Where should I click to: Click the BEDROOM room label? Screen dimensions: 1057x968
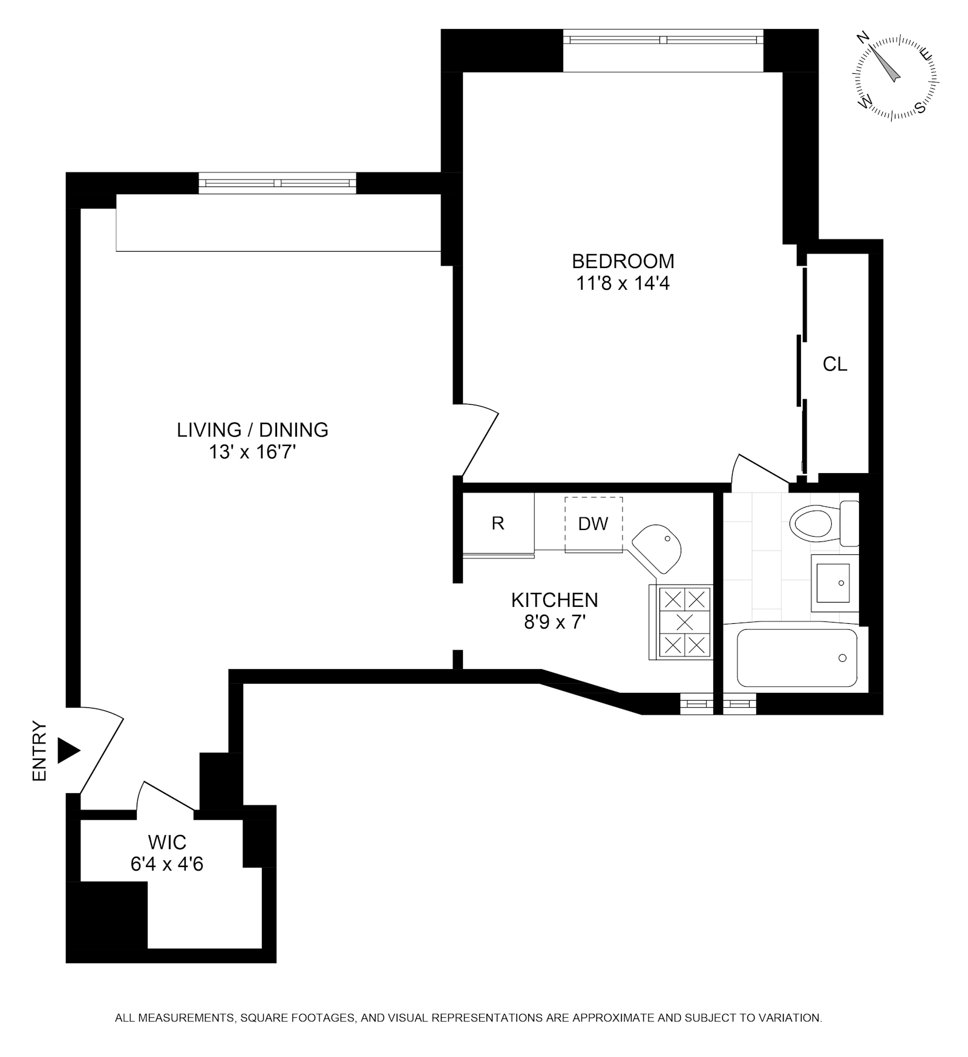(x=623, y=261)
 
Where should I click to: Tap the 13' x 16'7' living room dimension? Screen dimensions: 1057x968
(x=252, y=451)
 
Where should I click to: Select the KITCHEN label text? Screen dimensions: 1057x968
(x=554, y=600)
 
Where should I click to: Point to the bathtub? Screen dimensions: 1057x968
(x=797, y=658)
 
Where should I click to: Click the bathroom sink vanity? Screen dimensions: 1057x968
(x=833, y=583)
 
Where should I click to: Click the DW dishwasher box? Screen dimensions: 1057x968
(x=593, y=524)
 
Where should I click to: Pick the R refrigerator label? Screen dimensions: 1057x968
(x=498, y=523)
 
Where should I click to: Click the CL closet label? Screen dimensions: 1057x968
(x=835, y=364)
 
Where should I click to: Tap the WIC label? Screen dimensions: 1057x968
(x=167, y=842)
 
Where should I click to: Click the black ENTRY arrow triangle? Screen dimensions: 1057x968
(x=68, y=751)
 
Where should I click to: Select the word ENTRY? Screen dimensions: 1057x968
(x=39, y=751)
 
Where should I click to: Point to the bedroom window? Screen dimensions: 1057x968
(x=663, y=40)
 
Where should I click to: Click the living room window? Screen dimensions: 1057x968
(x=277, y=183)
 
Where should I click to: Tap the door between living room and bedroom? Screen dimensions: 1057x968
(x=478, y=442)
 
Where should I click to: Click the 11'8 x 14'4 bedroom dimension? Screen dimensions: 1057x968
(x=623, y=283)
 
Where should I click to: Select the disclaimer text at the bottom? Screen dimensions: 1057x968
(x=468, y=1018)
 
